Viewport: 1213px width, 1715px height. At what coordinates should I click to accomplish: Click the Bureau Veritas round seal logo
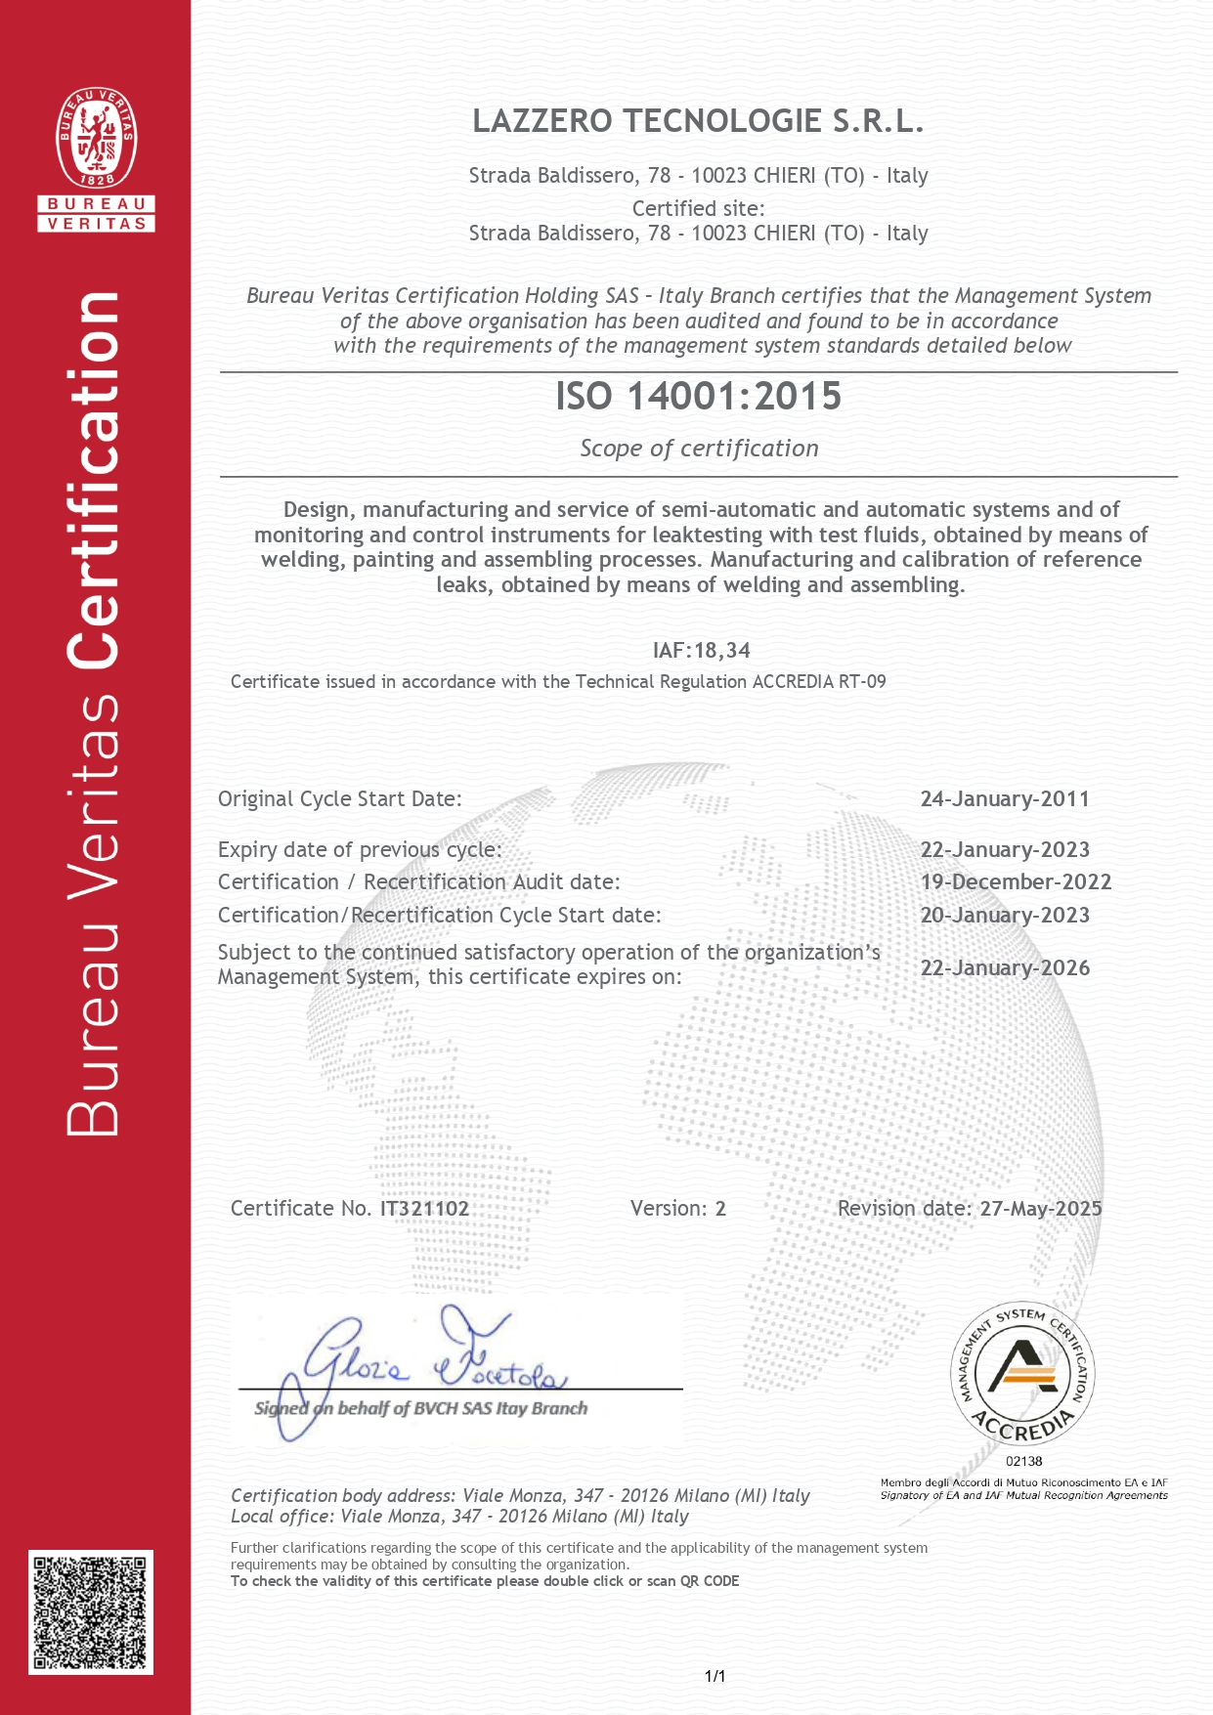click(x=96, y=138)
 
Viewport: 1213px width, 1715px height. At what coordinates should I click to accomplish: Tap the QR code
click(x=90, y=1611)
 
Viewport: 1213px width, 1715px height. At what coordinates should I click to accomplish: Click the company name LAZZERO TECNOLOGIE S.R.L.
click(x=698, y=121)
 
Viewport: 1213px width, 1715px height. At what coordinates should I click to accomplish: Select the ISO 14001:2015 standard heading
click(x=698, y=396)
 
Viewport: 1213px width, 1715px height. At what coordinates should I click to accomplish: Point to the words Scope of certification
click(x=699, y=449)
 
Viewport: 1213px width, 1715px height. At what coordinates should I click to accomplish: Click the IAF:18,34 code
click(x=701, y=651)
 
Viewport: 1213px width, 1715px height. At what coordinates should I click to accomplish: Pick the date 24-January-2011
click(x=1005, y=799)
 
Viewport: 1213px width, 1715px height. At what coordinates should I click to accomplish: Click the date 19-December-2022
click(x=1016, y=882)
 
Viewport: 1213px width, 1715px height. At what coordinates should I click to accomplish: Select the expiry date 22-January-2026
click(x=1005, y=968)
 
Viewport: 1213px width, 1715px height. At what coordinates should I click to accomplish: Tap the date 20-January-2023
click(x=1005, y=916)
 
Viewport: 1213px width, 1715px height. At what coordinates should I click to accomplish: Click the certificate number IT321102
click(x=424, y=1209)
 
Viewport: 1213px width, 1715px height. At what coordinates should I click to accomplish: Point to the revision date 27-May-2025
click(x=1041, y=1209)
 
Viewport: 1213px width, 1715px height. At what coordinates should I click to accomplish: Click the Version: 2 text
click(x=677, y=1209)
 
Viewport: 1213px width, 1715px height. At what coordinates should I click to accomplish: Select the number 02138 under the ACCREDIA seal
click(x=1023, y=1461)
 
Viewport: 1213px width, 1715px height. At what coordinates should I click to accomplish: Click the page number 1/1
click(x=715, y=1677)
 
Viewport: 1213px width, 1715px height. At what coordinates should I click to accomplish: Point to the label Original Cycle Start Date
click(x=339, y=799)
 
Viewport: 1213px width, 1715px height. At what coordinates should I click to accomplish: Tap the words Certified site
click(x=698, y=208)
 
